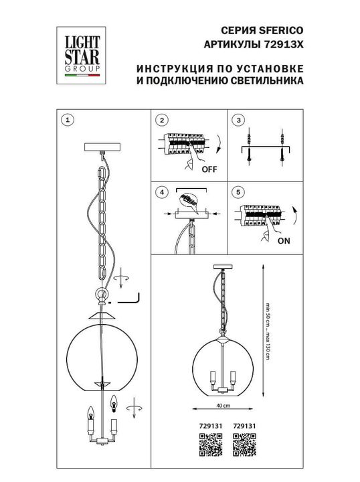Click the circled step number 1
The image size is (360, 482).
pyautogui.click(x=66, y=120)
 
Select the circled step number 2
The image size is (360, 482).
pyautogui.click(x=161, y=120)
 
